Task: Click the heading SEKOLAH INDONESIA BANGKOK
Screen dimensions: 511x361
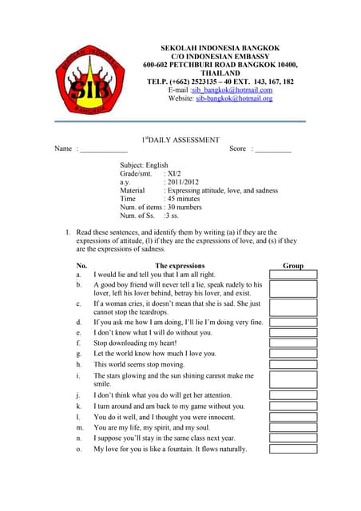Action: (220, 49)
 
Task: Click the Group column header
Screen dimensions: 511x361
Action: (293, 265)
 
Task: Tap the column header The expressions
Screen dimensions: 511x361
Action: (180, 265)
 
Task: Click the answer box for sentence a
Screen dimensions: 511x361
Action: (293, 274)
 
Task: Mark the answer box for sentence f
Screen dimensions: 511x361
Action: (293, 343)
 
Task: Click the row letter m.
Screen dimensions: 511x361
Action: (79, 427)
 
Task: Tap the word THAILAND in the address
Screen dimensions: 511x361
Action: (220, 73)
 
